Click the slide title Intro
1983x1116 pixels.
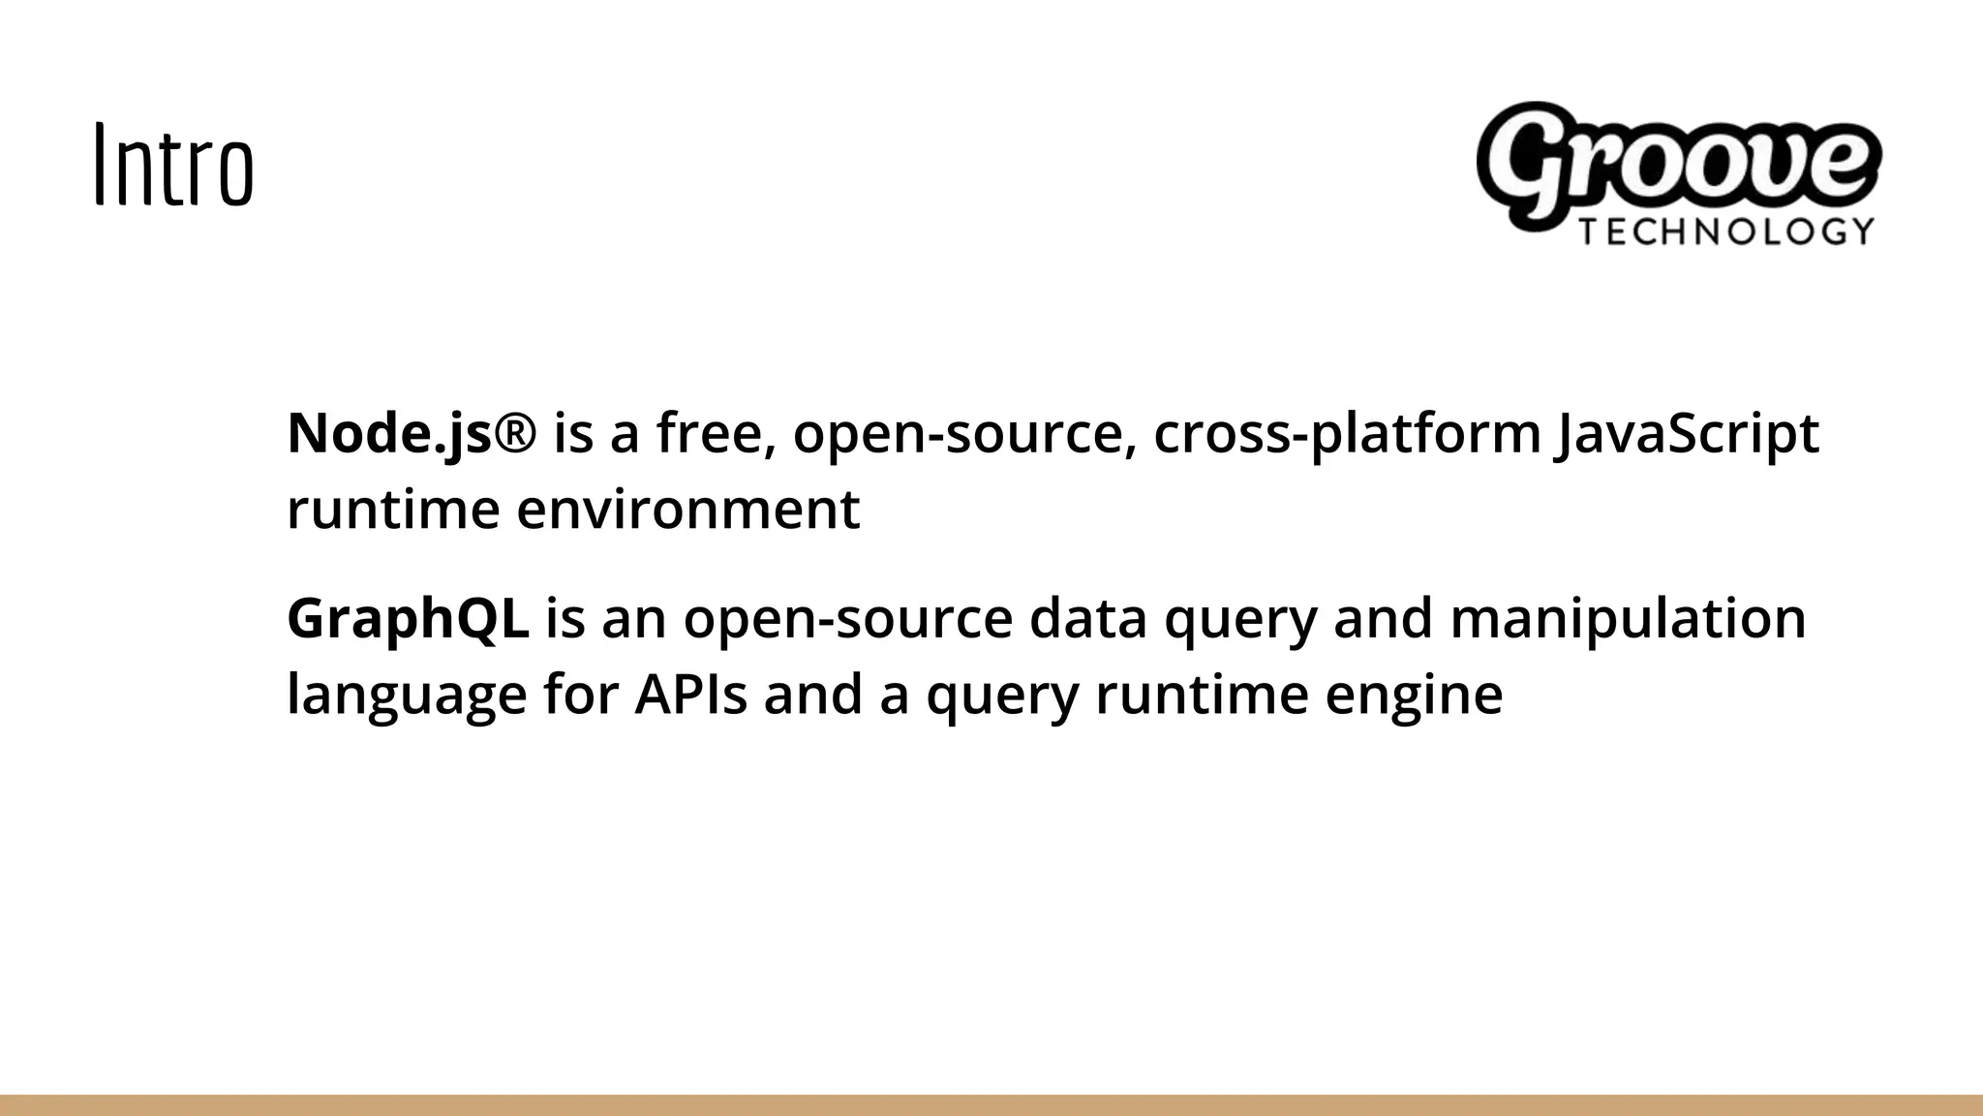coord(174,165)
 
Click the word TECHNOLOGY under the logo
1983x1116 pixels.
coord(1726,232)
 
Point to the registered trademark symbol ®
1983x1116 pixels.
coord(513,433)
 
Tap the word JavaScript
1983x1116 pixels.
coord(1686,433)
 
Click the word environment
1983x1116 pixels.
coord(687,510)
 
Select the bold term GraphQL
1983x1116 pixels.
coord(408,618)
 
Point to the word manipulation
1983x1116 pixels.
coord(1628,618)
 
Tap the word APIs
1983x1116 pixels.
coord(690,695)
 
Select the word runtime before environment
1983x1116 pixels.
coord(393,510)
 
